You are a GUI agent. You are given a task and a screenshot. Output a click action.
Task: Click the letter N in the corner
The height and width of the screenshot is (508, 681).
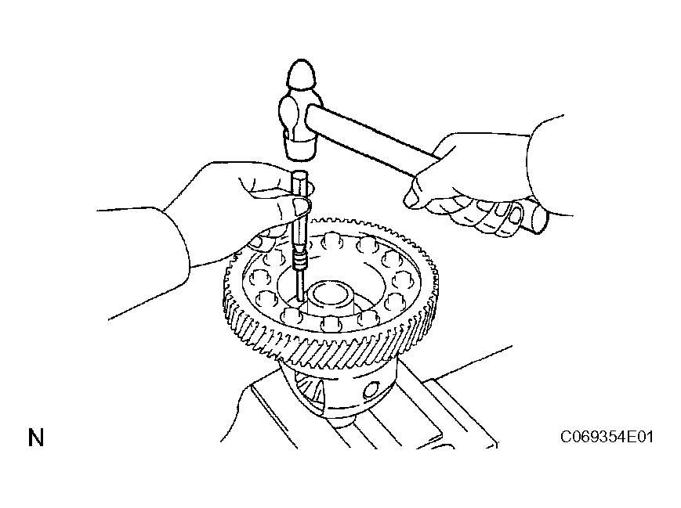pyautogui.click(x=36, y=438)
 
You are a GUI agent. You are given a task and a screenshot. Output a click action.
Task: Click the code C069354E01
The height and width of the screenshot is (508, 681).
pyautogui.click(x=607, y=437)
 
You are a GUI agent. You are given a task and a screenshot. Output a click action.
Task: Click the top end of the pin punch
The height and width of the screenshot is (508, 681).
pyautogui.click(x=300, y=174)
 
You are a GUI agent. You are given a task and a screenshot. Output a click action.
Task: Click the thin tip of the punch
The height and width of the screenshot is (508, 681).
pyautogui.click(x=300, y=286)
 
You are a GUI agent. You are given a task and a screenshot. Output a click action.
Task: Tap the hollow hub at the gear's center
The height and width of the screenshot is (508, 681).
pyautogui.click(x=329, y=299)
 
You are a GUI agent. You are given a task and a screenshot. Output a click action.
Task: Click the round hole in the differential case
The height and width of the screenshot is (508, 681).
pyautogui.click(x=371, y=389)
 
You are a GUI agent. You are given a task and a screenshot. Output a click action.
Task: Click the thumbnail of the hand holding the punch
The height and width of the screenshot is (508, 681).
pyautogui.click(x=301, y=207)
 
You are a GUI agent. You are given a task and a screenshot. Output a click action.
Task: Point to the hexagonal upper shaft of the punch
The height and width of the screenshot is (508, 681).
pyautogui.click(x=300, y=208)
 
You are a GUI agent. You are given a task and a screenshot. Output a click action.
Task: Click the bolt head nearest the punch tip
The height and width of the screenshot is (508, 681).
pyautogui.click(x=290, y=315)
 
